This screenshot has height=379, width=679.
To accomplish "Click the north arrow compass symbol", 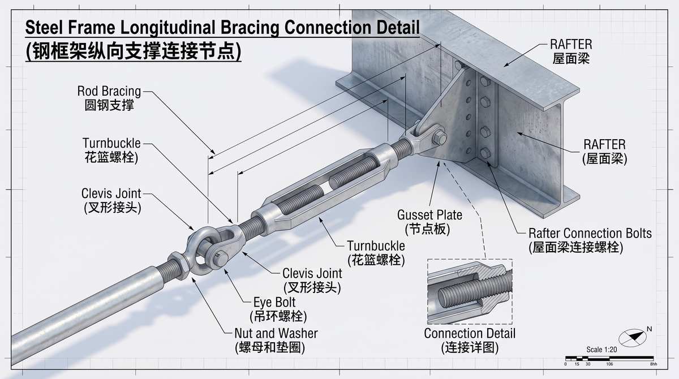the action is coord(633,338).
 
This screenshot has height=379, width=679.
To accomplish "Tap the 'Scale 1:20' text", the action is coord(601,350).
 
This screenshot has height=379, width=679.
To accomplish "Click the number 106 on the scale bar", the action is coord(609,364).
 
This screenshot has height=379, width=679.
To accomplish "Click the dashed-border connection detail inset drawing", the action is coord(470,291).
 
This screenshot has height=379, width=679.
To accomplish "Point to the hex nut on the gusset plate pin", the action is coord(439,138).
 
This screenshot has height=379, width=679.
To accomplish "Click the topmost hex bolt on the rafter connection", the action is coord(485,82).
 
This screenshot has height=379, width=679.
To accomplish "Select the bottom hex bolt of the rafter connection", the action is coord(485,153).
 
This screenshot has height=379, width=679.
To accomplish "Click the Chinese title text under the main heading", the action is coord(134,51).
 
